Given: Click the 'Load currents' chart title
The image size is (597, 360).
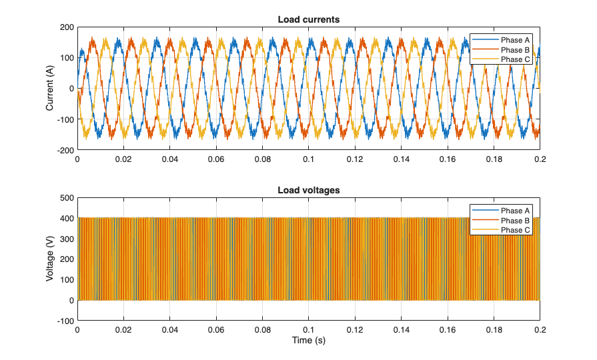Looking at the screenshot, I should point(308,19).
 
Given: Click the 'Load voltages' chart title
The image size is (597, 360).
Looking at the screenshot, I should point(308,190).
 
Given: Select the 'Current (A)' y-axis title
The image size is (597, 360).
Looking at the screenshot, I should point(50,89).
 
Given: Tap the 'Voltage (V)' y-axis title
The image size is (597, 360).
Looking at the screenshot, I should point(50,259).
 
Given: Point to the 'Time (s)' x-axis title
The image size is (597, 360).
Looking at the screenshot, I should point(308,340).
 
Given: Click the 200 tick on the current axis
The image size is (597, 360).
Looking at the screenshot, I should point(66,27).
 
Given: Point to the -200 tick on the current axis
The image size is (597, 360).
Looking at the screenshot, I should point(65,151).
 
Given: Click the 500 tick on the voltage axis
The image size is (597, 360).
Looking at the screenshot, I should point(66,198).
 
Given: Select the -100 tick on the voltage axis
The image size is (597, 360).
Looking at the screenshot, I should point(65,321).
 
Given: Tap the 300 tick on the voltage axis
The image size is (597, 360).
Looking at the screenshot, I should point(66,239).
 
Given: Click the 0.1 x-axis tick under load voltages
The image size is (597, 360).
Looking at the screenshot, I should point(308,330).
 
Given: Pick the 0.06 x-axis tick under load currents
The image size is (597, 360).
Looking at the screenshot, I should point(216,160).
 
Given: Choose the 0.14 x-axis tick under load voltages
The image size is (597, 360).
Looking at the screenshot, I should point(401,330).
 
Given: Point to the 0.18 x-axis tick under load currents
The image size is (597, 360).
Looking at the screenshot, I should point(494,160).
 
